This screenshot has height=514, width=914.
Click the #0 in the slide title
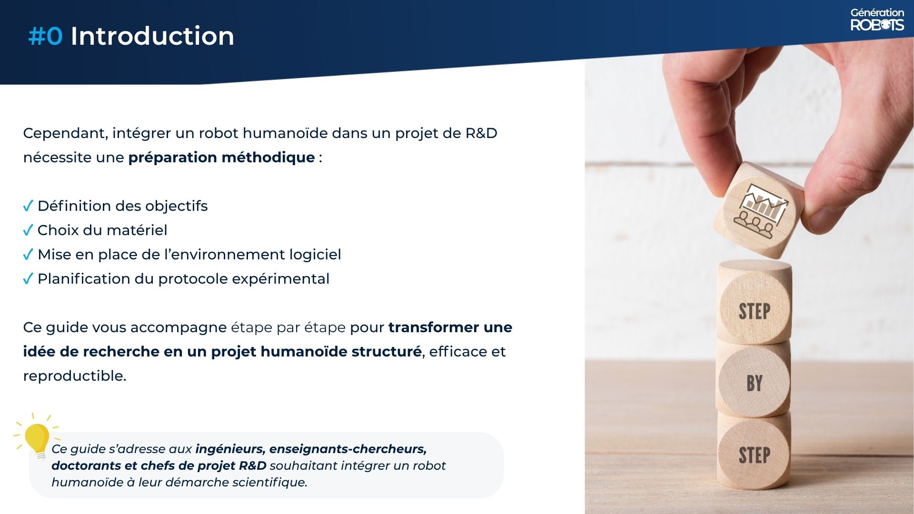tap(45, 36)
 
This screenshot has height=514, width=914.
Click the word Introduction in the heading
tap(152, 36)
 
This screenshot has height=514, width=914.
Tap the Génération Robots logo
tap(877, 20)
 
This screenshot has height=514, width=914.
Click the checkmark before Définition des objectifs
tap(28, 206)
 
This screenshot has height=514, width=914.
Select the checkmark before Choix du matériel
tap(28, 230)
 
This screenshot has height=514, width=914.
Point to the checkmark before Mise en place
tap(28, 254)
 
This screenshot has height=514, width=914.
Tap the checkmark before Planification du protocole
tap(28, 278)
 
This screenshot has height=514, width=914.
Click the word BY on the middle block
tap(755, 383)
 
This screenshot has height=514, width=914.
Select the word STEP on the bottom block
tap(755, 455)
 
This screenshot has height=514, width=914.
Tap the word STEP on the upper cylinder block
tap(755, 312)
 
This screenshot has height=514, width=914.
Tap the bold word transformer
tap(434, 327)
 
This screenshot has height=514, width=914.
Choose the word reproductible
tap(75, 376)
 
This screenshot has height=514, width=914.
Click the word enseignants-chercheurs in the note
tap(348, 449)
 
